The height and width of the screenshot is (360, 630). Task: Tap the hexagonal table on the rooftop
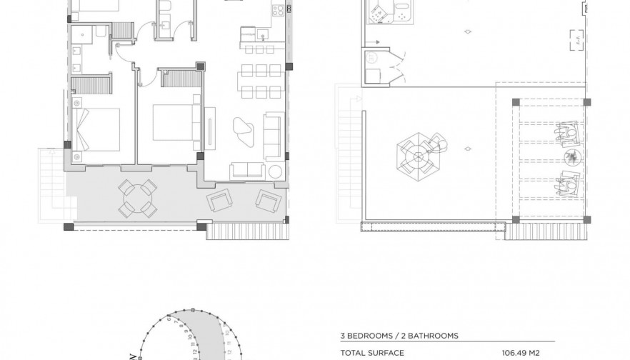(416, 152)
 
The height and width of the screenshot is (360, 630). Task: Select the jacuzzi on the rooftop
(385, 13)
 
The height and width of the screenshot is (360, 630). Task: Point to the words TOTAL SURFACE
(366, 352)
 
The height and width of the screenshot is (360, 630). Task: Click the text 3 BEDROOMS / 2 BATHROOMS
(399, 335)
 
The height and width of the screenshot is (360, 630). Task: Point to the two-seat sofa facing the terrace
(246, 170)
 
